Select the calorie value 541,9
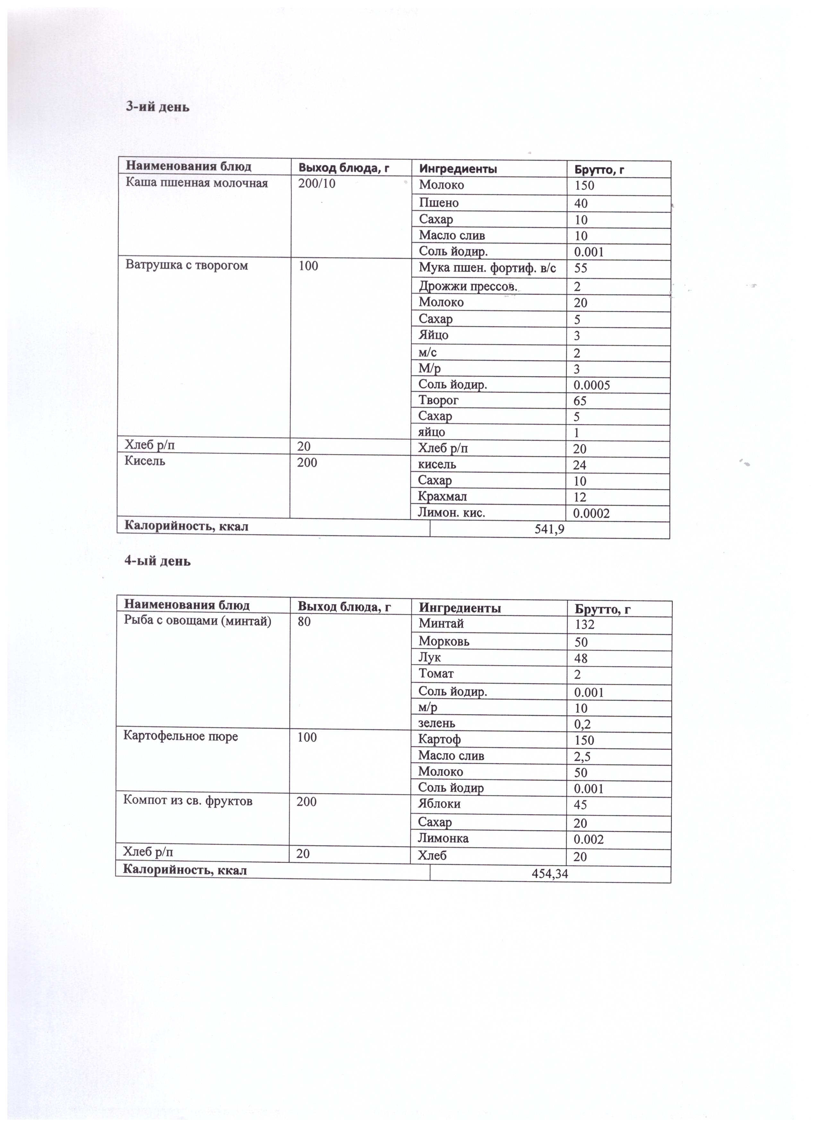point(549,530)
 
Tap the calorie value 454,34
point(550,874)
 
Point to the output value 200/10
point(316,184)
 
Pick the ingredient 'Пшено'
point(439,203)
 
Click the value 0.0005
point(591,385)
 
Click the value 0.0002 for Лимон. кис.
point(591,513)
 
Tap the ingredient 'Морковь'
point(444,642)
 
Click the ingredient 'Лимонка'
point(443,838)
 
